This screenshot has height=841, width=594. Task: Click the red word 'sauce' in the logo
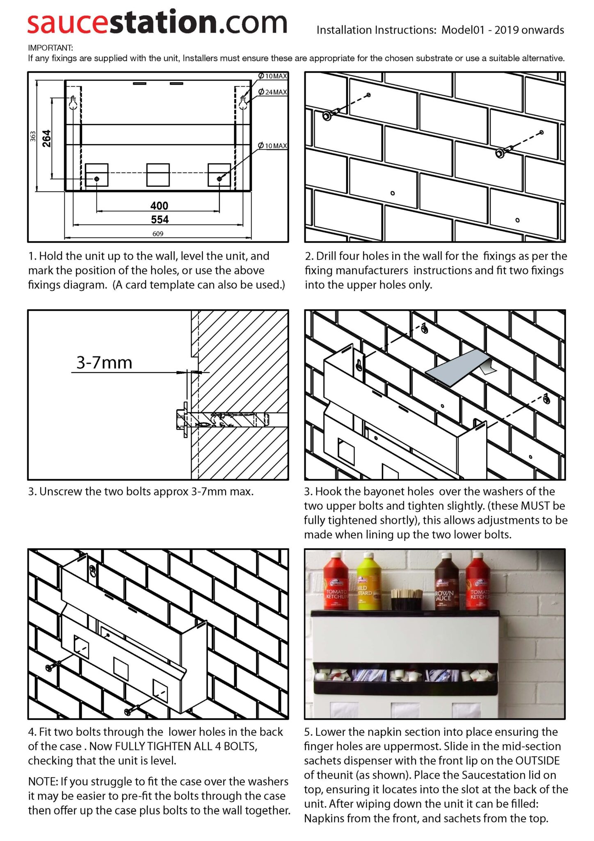point(68,23)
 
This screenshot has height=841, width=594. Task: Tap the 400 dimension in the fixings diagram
point(159,206)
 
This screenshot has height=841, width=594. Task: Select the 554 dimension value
point(159,220)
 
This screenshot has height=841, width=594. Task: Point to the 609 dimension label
point(158,234)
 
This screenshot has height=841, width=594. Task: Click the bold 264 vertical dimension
point(47,138)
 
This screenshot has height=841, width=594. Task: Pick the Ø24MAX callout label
point(273,92)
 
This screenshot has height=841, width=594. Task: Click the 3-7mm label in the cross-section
point(104,363)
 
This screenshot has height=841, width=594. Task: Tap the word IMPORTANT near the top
point(50,48)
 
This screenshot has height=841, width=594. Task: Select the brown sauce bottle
point(446,583)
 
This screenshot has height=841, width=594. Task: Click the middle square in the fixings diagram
point(158,175)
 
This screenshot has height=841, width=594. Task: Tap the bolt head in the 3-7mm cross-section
point(181,419)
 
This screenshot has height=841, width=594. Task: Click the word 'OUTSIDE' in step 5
point(537,761)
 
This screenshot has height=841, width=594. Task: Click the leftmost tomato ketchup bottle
point(336,583)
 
